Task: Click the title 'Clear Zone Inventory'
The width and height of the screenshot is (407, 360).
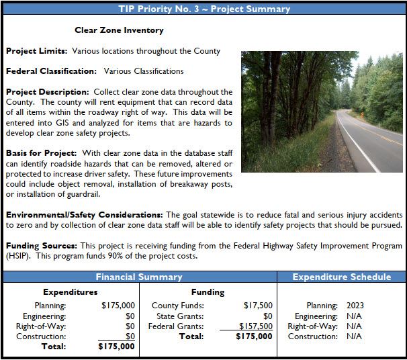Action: point(119,30)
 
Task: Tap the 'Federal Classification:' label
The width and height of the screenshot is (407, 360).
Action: point(51,71)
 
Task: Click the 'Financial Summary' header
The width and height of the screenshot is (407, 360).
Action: point(139,277)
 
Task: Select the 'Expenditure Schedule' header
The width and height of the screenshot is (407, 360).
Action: point(342,277)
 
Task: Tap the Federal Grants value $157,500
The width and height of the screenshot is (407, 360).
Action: point(256,326)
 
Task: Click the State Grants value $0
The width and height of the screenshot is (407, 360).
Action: point(267,316)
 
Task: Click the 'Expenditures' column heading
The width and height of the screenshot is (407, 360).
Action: point(70,292)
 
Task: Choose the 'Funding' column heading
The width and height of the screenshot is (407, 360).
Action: point(208,292)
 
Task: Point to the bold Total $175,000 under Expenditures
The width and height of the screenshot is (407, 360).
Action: point(116,347)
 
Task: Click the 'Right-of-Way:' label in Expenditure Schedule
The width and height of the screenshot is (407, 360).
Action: point(312,326)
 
